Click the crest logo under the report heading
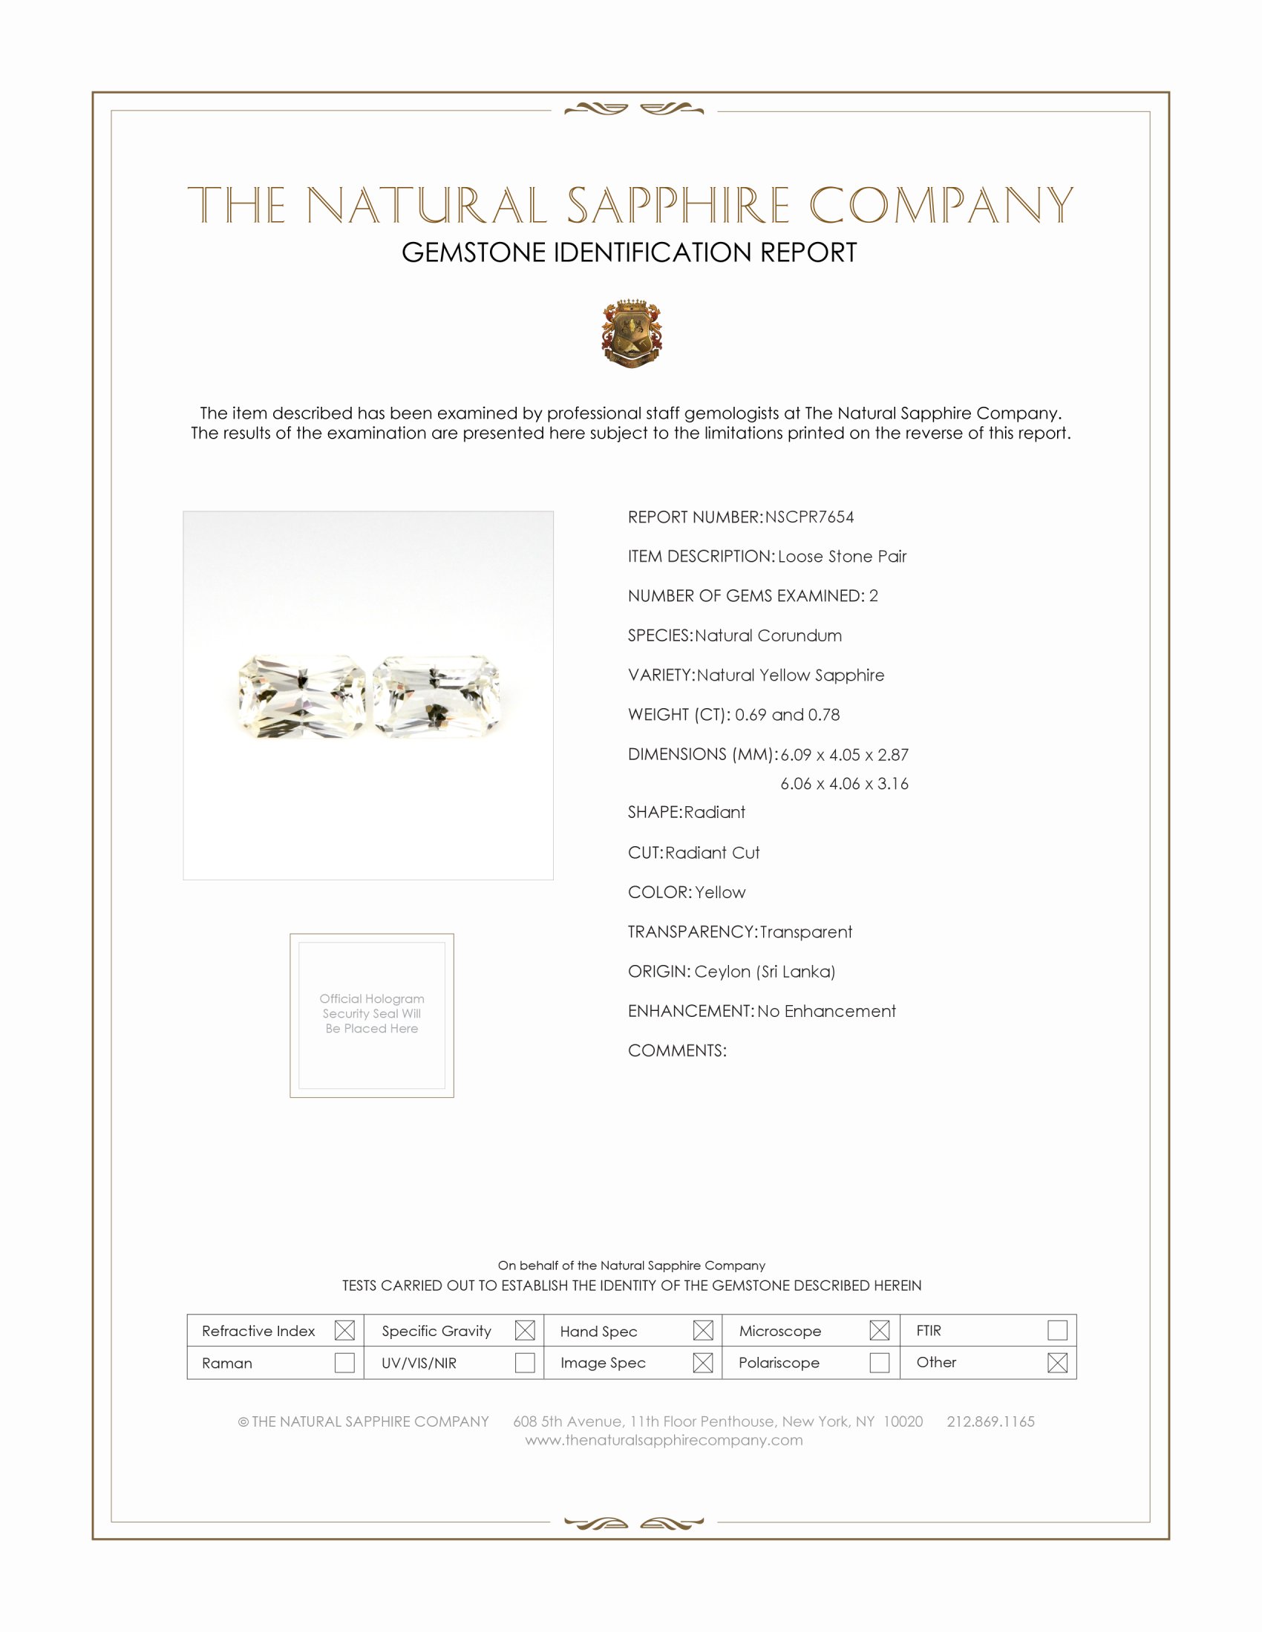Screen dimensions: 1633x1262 632,333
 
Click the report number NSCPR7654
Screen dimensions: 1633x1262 809,517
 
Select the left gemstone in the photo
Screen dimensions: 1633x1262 301,696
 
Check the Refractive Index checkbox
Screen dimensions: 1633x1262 344,1330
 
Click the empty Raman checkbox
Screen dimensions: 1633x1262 344,1362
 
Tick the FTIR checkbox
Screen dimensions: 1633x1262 1057,1330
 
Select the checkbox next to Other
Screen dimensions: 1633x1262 1057,1362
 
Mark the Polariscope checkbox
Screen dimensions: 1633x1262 879,1362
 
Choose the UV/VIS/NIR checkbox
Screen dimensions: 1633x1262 525,1362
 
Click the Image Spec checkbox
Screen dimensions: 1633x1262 703,1362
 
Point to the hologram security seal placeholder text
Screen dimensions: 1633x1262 372,1013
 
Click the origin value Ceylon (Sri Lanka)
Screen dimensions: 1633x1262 764,972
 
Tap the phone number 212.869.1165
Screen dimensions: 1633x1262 990,1421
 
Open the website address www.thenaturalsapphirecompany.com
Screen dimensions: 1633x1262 664,1440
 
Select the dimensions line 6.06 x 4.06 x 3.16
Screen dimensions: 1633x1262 844,784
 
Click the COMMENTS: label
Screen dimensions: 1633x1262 676,1050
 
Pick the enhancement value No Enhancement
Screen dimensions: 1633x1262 826,1011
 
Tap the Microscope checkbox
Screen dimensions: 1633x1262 879,1330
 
